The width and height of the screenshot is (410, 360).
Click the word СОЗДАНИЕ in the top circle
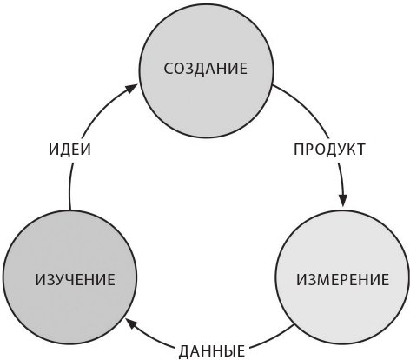coord(206,69)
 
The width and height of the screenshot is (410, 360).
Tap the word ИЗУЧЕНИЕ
coord(76,280)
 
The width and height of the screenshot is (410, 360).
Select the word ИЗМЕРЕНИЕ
coord(342,280)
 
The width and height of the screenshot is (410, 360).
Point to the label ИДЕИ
coord(69,150)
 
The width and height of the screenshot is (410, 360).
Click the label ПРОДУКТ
coord(329,150)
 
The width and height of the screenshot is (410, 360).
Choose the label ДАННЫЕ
coord(212,351)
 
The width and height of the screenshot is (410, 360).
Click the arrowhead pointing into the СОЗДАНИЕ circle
coord(131,89)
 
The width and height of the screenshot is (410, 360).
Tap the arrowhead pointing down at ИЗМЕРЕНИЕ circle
coord(343,200)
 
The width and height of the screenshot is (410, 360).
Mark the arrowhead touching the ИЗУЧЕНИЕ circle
coord(132,323)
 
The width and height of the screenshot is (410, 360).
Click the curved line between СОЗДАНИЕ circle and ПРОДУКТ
coord(306,108)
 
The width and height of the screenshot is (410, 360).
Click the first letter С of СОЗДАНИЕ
coord(169,69)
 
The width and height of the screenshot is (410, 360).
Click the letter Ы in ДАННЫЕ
coord(227,351)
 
